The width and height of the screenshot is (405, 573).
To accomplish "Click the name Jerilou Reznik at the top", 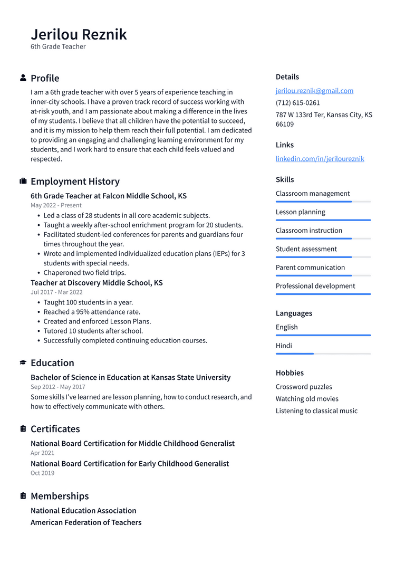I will pos(79,34).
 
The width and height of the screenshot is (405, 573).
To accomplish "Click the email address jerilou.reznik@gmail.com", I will pos(314,91).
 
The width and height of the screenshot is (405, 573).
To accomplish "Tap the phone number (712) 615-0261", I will pos(297,103).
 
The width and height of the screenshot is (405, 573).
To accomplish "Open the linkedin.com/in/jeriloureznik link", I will pos(320,159).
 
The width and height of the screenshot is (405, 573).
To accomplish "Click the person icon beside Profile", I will pos(23,78).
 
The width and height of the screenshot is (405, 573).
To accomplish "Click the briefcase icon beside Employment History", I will pos(23,181).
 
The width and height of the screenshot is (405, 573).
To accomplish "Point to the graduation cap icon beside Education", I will pos(23,362).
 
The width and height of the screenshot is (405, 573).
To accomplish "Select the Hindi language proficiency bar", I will pos(323,354).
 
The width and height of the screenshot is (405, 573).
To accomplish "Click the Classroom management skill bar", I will pos(323,202).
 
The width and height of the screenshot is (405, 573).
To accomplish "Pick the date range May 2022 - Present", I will pos(56,205).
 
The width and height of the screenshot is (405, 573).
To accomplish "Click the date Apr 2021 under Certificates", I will pos(42,453).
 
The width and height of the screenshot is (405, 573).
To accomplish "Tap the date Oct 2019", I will pos(42,473).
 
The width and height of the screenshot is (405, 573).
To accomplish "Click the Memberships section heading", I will pos(60,496).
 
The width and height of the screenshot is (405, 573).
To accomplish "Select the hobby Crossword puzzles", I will pos(304,387).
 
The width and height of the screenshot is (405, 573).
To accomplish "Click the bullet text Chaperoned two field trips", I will pos(84,273).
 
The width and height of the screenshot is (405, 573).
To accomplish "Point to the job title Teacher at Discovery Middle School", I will pos(97,283).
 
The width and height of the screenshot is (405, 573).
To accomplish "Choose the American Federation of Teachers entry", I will pos(86,522).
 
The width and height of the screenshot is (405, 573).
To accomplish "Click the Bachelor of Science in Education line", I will pos(130,377).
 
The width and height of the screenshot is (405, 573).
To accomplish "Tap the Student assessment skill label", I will pos(306,249).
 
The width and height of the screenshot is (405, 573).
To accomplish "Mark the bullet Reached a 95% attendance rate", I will pos(92,312).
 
